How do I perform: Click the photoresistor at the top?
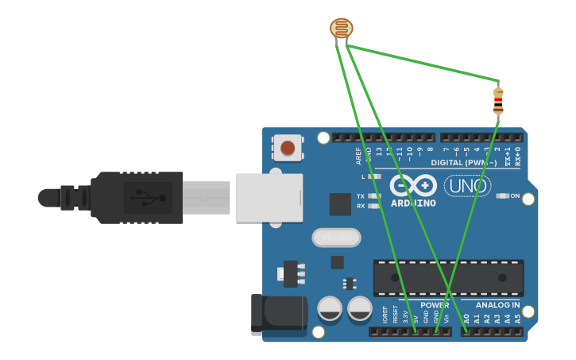(x=342, y=29)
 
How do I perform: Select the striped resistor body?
(x=498, y=101)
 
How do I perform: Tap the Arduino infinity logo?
(x=413, y=186)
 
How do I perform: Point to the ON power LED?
(x=501, y=195)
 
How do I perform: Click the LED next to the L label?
(x=376, y=176)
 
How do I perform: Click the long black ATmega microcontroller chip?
(x=448, y=277)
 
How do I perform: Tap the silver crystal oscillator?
(x=336, y=238)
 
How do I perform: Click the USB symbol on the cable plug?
(x=143, y=193)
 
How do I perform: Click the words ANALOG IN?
(x=497, y=305)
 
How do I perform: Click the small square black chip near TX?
(x=340, y=203)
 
